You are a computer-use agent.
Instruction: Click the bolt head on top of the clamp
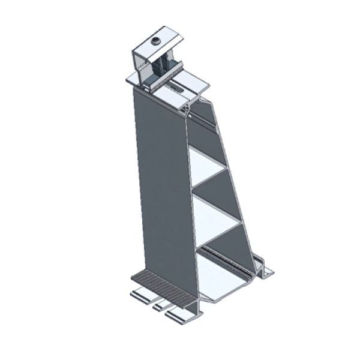(x=155, y=40)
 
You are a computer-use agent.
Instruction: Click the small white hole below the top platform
(x=190, y=109)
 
